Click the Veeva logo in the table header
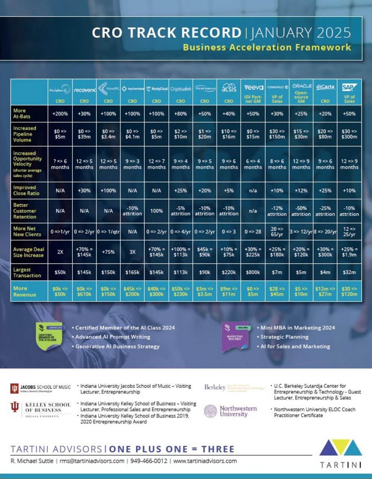[253, 88]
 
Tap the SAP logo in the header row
[349, 88]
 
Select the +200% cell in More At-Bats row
[60, 114]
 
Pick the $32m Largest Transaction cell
[349, 272]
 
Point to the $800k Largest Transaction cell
[253, 272]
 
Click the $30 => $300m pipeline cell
[349, 134]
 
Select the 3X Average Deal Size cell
[132, 252]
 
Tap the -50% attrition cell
[301, 211]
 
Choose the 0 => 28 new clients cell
[253, 232]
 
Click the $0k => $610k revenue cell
[84, 292]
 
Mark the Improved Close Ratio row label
[25, 190]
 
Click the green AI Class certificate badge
[49, 336]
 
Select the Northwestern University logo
[231, 411]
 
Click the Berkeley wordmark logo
[215, 387]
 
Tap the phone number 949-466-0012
[149, 461]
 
